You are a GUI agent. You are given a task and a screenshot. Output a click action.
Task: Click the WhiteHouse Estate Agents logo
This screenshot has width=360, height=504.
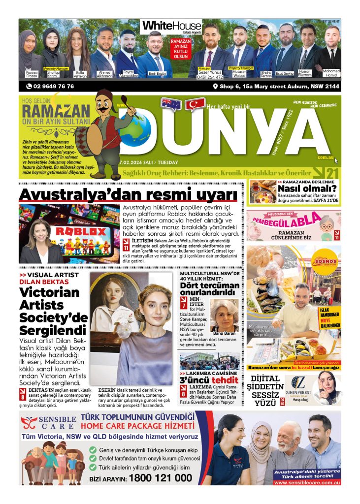(171, 27)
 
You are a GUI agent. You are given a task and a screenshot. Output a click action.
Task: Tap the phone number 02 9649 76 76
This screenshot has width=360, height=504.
(50, 87)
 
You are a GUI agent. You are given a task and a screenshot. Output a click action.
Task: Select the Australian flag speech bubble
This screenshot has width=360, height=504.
(171, 103)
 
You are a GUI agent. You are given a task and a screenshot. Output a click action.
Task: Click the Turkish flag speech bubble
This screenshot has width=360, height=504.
(195, 104)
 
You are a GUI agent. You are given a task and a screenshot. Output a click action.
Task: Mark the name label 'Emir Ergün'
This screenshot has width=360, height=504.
(158, 74)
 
